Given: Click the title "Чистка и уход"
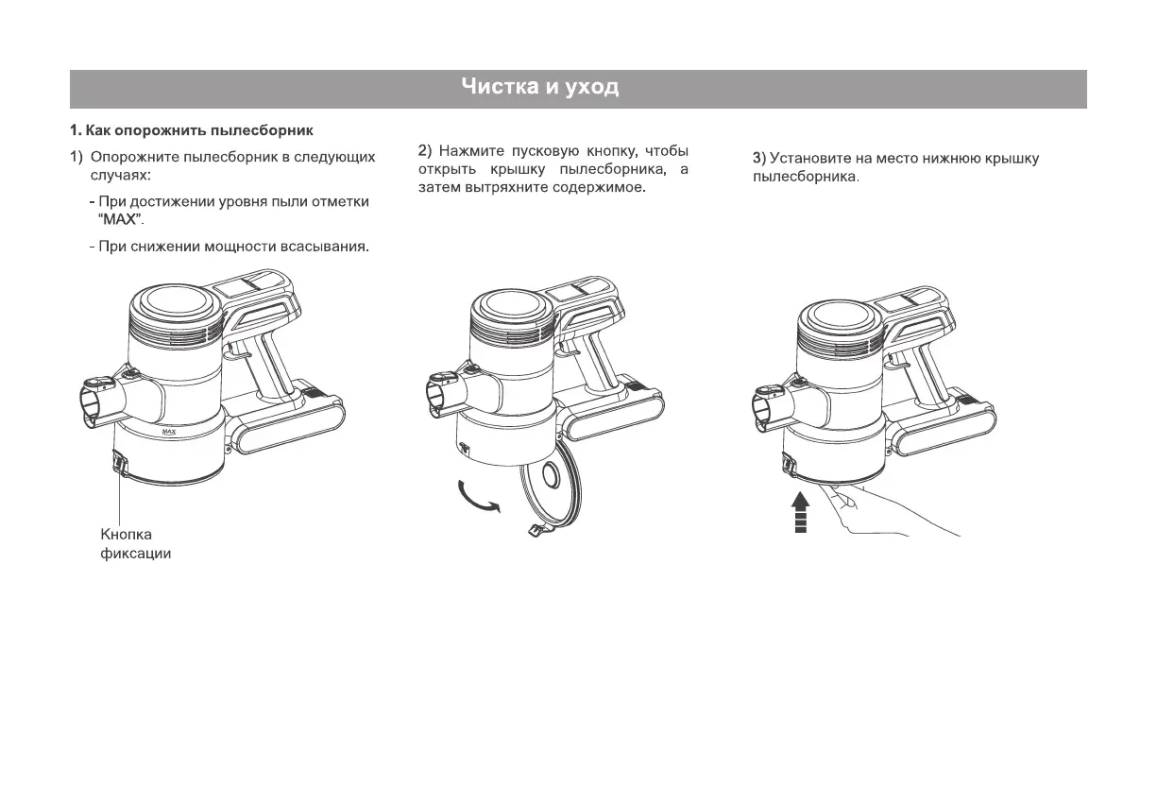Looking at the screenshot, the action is [540, 89].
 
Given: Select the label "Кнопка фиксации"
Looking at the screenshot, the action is [135, 544].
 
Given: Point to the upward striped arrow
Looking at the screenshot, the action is [800, 512].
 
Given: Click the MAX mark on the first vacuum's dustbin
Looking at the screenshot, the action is [169, 431].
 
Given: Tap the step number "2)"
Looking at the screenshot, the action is [424, 151].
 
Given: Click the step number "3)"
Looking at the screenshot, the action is [758, 159].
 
